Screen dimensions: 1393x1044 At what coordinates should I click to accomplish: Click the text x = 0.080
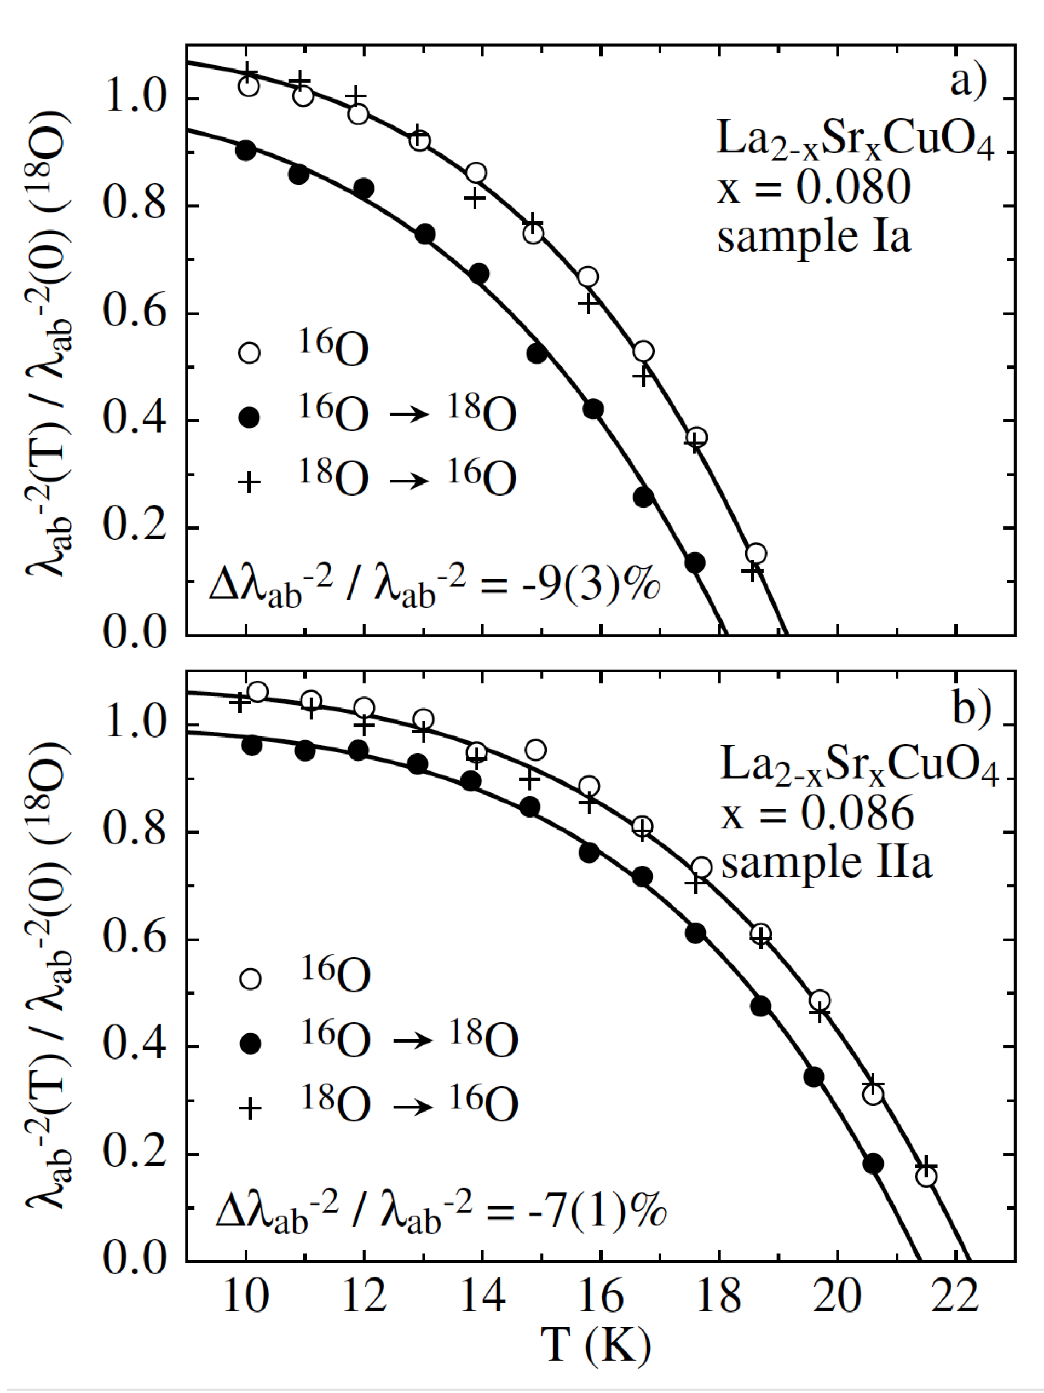(814, 187)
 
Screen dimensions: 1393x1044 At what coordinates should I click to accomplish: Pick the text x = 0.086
(817, 813)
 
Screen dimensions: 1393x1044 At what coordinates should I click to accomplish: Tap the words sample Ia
(814, 238)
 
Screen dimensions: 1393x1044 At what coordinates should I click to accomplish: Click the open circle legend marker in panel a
(249, 352)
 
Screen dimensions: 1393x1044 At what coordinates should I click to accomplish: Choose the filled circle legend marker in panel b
(251, 1044)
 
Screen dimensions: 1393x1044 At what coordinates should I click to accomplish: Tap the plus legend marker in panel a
(249, 482)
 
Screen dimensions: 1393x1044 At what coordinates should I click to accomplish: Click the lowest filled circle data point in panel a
(695, 562)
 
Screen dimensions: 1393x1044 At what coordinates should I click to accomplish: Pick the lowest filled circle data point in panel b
(873, 1164)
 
